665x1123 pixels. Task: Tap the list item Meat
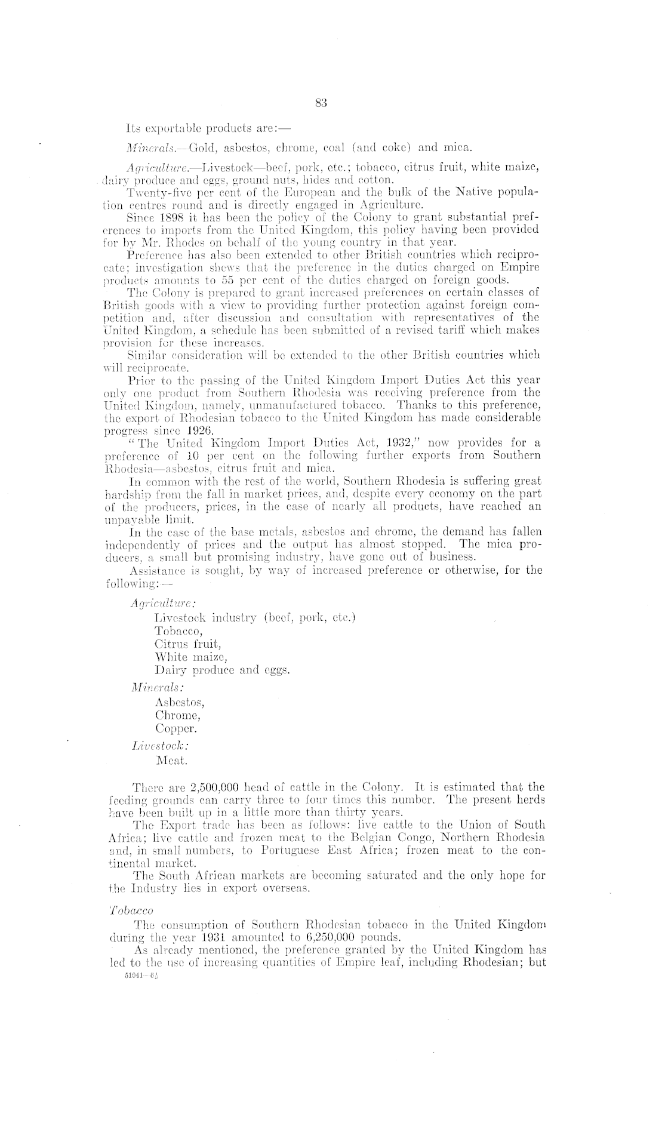171,761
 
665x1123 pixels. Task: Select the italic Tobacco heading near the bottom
131,910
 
